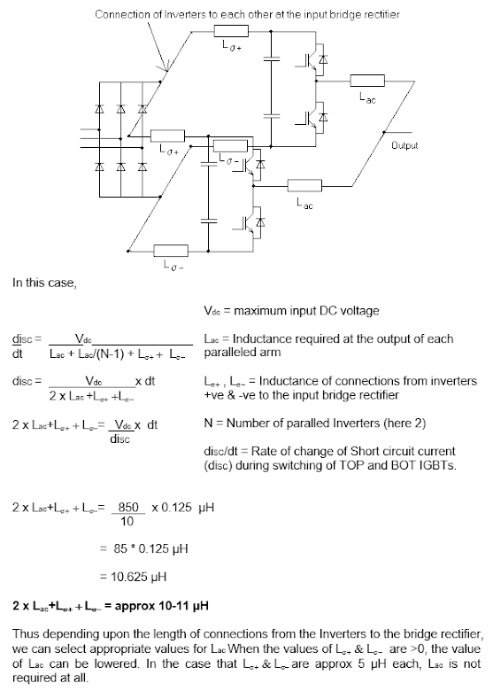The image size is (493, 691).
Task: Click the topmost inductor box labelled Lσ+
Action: [x=231, y=31]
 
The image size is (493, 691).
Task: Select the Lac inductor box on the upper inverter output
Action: [x=367, y=82]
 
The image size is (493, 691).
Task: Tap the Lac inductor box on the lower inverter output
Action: [x=304, y=185]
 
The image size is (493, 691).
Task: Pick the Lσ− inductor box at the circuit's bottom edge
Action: [x=171, y=251]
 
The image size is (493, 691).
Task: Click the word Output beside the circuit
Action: [x=404, y=145]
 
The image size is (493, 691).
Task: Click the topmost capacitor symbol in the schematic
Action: [x=271, y=58]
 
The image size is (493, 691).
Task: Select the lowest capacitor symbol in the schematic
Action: [x=209, y=221]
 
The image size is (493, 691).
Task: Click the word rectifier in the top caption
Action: [x=382, y=14]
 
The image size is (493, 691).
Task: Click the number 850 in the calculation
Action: [x=128, y=507]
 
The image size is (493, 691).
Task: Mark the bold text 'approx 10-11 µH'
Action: [x=162, y=605]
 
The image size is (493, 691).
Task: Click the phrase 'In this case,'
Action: [x=44, y=283]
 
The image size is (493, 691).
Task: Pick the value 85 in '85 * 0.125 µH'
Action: [x=120, y=548]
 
